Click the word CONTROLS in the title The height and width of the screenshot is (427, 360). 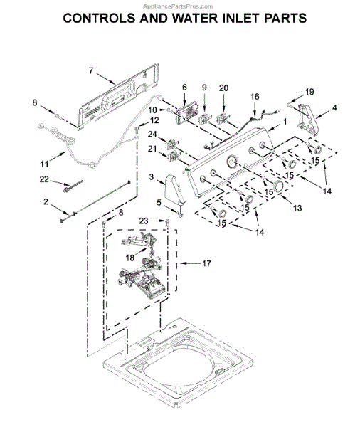coord(100,18)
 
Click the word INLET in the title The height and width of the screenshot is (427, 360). coord(233,18)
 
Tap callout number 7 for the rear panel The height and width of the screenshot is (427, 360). coord(91,70)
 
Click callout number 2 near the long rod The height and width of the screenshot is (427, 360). coord(46,202)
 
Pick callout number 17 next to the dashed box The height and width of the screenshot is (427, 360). coord(206,263)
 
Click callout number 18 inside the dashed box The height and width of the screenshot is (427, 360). coord(130,257)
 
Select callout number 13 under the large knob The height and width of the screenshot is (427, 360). coord(297,208)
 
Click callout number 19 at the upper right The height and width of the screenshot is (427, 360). coord(309,92)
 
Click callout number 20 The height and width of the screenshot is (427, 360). coord(224,88)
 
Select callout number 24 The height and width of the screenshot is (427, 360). coord(152,134)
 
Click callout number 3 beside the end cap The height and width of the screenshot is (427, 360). coord(152,176)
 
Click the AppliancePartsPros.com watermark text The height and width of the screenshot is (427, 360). coord(179,4)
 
